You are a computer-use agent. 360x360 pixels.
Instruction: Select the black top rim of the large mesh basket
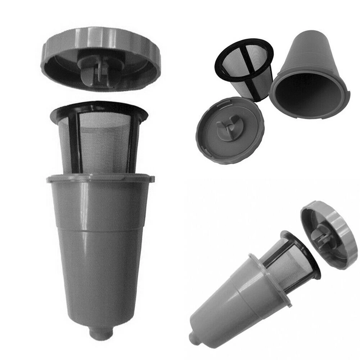click(99, 107)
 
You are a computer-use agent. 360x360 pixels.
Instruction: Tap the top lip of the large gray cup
click(101, 177)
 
